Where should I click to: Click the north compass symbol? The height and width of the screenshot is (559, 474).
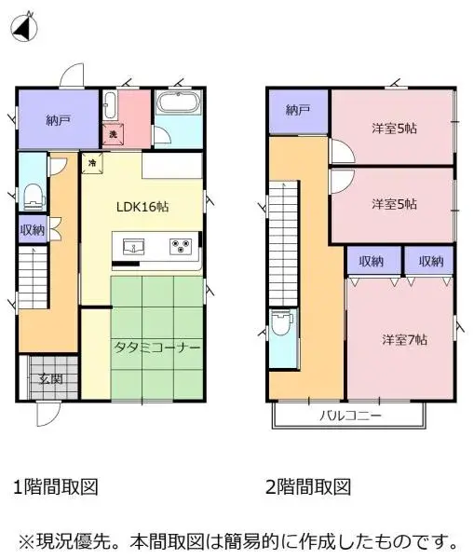(x=25, y=28)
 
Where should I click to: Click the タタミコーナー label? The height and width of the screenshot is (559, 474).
(x=157, y=347)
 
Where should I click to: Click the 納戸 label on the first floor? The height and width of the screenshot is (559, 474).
(x=57, y=119)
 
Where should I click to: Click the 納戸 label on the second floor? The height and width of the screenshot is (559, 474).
(x=298, y=110)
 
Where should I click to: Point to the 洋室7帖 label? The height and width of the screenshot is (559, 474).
(x=403, y=339)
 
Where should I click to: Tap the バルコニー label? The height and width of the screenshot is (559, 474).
(x=350, y=415)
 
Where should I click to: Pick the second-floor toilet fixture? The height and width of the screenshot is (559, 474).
(x=282, y=327)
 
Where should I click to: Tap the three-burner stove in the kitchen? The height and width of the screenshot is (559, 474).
(x=180, y=247)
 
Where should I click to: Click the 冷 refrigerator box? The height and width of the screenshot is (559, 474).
(x=92, y=163)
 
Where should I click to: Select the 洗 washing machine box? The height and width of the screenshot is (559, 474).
(x=113, y=135)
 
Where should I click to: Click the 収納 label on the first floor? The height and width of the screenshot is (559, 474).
(x=33, y=229)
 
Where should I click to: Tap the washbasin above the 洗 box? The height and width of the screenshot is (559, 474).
(x=110, y=104)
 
